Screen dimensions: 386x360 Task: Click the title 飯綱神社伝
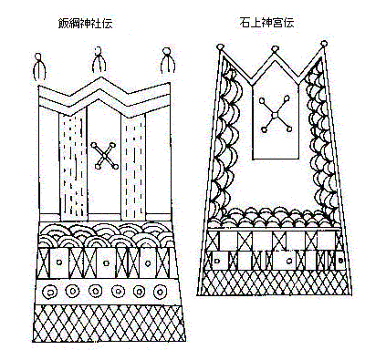85,23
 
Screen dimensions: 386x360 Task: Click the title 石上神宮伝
266,22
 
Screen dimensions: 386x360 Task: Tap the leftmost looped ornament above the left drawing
39,67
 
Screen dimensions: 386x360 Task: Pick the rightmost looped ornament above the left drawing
167,60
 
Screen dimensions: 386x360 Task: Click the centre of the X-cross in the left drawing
105,156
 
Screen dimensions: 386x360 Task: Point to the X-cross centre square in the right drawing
275,114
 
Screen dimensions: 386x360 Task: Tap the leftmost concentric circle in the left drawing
50,293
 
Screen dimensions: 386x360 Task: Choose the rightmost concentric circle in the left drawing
160,292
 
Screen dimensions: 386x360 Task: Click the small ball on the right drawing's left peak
220,47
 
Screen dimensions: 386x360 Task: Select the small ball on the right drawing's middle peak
275,48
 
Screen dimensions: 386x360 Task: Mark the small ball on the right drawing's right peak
324,43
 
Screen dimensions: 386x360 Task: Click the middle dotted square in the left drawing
106,263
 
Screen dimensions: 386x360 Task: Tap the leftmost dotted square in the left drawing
59,262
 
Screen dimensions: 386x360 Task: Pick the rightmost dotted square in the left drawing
148,263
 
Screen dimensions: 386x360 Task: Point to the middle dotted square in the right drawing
289,261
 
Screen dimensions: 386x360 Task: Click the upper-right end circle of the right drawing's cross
287,98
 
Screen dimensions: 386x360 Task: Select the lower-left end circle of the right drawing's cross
264,129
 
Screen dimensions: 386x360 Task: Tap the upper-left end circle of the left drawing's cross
94,145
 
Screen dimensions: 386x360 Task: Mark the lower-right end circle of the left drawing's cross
116,167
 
